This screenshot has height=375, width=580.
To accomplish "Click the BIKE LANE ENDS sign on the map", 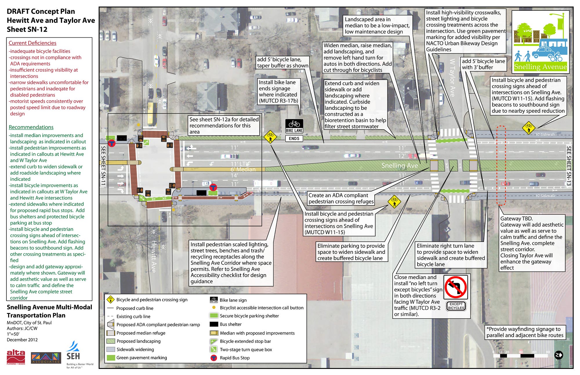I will coord(294,130).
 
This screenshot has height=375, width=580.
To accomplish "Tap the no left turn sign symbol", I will coord(456,287).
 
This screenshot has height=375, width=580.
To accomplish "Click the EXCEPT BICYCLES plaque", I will coord(456,306).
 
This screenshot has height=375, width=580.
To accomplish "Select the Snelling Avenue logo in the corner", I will coord(540,42).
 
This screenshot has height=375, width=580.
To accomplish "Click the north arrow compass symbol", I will coord(558,355).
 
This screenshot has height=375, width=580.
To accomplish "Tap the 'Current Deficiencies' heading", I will coord(32,43).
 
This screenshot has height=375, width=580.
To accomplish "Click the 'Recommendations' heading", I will coord(31,127).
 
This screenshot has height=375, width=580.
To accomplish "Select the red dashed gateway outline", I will coord(501,165).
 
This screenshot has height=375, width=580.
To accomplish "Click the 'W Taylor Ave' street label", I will coord(452,78).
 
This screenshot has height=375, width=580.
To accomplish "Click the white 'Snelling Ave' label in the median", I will coord(399,165).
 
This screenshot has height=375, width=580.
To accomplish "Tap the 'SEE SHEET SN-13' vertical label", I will coord(569,166).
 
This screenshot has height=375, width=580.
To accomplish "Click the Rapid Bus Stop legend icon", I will coord(214,358).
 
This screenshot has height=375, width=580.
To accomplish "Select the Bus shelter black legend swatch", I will coord(214,324).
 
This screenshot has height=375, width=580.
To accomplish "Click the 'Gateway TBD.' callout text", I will coord(516,219).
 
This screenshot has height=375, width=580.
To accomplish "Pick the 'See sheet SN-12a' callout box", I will coord(224,125).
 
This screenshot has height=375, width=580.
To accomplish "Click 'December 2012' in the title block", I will coord(22,340).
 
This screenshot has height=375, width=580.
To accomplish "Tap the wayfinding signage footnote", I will coord(525,332).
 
